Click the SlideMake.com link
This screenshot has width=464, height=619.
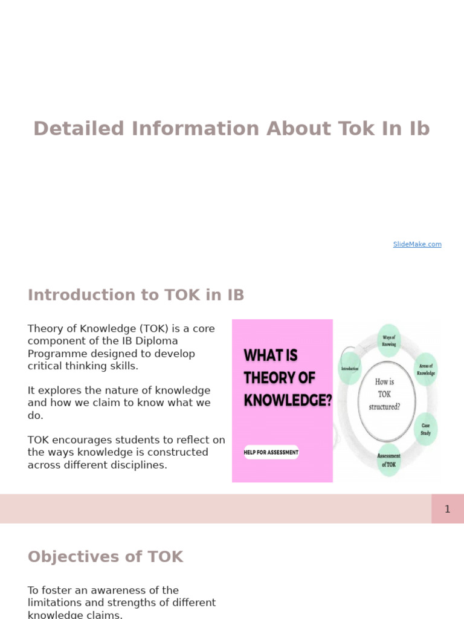tap(417, 244)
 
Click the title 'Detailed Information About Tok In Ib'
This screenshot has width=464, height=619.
tap(231, 129)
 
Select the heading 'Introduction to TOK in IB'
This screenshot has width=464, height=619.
tap(136, 295)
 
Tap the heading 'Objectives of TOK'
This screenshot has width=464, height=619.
tap(105, 557)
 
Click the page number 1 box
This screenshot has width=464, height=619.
tap(447, 509)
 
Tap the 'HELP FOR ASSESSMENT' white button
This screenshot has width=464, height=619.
tap(271, 452)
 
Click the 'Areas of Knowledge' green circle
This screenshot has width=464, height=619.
tap(426, 369)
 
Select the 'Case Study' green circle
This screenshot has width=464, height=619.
tap(426, 429)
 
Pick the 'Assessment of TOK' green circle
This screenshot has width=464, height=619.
tap(388, 460)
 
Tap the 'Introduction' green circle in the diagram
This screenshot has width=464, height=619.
tap(350, 368)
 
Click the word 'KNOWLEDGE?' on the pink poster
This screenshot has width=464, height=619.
tap(288, 400)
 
